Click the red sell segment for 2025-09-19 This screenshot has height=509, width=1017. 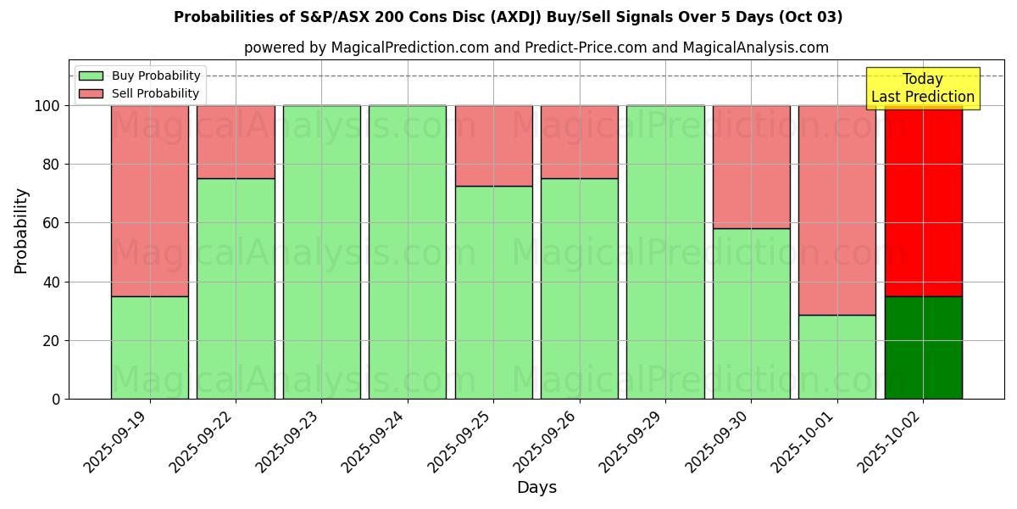coord(150,200)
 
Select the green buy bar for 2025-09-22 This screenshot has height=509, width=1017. coord(236,288)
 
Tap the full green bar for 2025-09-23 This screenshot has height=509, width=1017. coord(322,252)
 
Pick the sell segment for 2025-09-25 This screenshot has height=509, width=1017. coord(493,145)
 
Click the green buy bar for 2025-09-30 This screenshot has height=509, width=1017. coord(751,313)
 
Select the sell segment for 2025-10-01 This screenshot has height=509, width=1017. coord(836,210)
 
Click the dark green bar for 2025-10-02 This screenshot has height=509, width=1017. coord(923,347)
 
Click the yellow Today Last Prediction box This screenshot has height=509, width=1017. coord(923,88)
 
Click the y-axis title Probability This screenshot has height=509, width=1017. coord(21,231)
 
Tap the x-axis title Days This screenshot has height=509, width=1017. coord(536,488)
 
